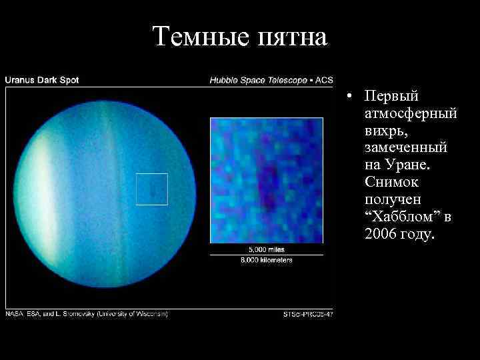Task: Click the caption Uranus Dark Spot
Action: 42,80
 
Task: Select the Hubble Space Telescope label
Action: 257,80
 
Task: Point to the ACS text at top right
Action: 324,80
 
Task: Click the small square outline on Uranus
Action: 152,189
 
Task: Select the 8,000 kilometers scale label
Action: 267,260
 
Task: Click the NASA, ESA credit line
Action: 87,313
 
